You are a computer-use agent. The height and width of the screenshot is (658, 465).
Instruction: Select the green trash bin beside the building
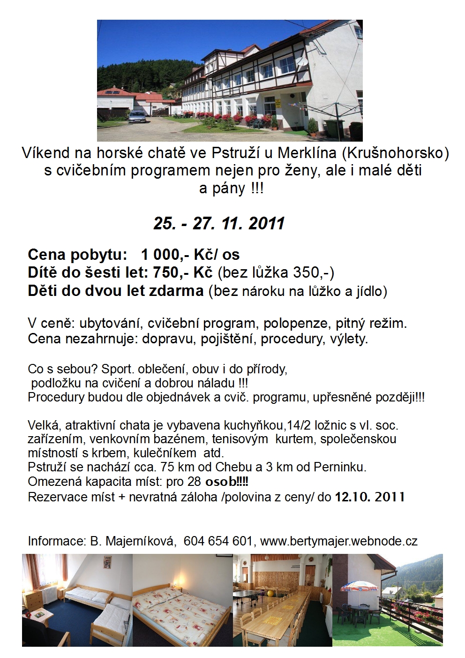pyautogui.click(x=331, y=127)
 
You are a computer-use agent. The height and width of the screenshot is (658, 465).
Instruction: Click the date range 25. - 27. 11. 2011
pyautogui.click(x=219, y=223)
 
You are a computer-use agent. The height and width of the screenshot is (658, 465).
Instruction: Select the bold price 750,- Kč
pyautogui.click(x=180, y=272)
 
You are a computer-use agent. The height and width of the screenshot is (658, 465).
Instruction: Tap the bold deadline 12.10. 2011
pyautogui.click(x=370, y=497)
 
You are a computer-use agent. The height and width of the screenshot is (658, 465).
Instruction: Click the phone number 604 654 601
pyautogui.click(x=218, y=541)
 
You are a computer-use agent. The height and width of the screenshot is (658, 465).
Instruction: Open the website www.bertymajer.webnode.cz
pyautogui.click(x=338, y=541)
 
